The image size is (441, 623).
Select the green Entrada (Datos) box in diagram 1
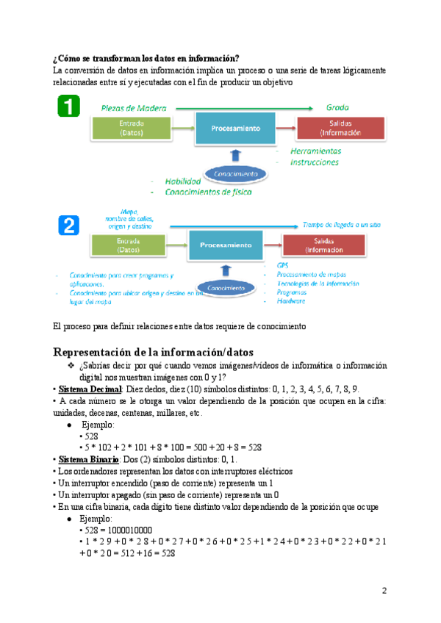point(130,129)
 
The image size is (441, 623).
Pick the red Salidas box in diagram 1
point(341,129)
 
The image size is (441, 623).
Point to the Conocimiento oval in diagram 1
point(235,174)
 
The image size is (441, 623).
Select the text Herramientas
point(315,151)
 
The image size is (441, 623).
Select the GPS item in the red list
point(283,265)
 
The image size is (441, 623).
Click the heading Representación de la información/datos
point(153,351)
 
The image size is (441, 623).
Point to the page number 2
point(384,590)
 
